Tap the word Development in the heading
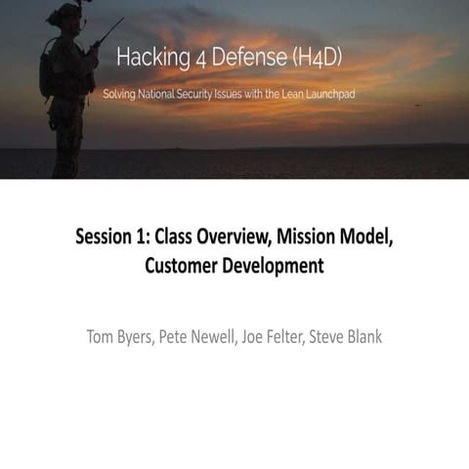(275, 265)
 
